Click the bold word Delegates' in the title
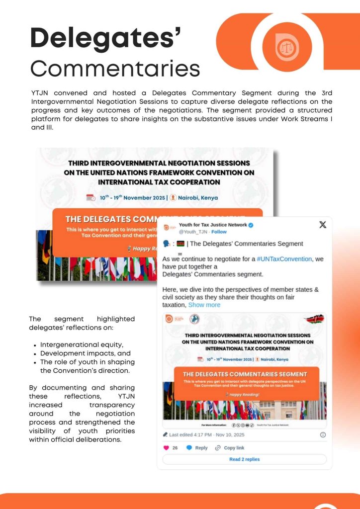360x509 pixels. point(105,38)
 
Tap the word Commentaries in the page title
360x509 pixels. point(115,69)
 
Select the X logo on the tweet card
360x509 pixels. point(322,225)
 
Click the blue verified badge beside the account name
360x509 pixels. point(251,225)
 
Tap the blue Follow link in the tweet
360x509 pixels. point(219,232)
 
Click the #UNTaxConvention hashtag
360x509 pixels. point(284,259)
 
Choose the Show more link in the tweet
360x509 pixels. point(204,305)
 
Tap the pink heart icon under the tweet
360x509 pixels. point(167,448)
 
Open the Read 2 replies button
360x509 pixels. point(244,459)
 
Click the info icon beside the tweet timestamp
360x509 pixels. point(323,434)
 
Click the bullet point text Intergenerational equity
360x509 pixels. point(82,344)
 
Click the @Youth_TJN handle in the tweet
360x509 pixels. point(193,232)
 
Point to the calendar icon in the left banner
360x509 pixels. point(90,197)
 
